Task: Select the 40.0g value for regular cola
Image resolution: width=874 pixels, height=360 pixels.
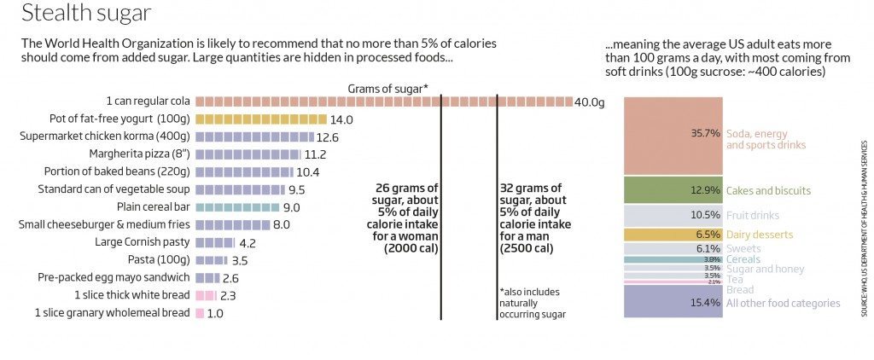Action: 589,102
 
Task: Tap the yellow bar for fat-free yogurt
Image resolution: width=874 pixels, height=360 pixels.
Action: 261,119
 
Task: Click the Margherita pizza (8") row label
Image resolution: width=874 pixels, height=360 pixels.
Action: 139,154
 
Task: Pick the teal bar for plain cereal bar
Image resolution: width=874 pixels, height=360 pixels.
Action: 237,207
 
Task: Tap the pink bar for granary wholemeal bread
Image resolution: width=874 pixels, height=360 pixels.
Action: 200,313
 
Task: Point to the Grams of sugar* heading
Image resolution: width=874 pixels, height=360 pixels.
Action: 388,89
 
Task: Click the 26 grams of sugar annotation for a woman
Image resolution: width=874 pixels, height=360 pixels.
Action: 404,218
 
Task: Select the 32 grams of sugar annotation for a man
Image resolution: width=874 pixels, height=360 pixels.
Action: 534,218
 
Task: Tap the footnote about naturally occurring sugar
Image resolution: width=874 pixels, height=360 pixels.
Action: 531,303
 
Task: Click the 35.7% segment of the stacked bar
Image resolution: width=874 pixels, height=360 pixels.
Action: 673,135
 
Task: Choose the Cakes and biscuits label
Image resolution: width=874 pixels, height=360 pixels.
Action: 768,190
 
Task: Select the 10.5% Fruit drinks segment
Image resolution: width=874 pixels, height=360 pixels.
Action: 673,215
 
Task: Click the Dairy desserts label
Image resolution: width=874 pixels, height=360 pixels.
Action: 759,235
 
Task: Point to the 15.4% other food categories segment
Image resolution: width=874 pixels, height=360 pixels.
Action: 673,301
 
